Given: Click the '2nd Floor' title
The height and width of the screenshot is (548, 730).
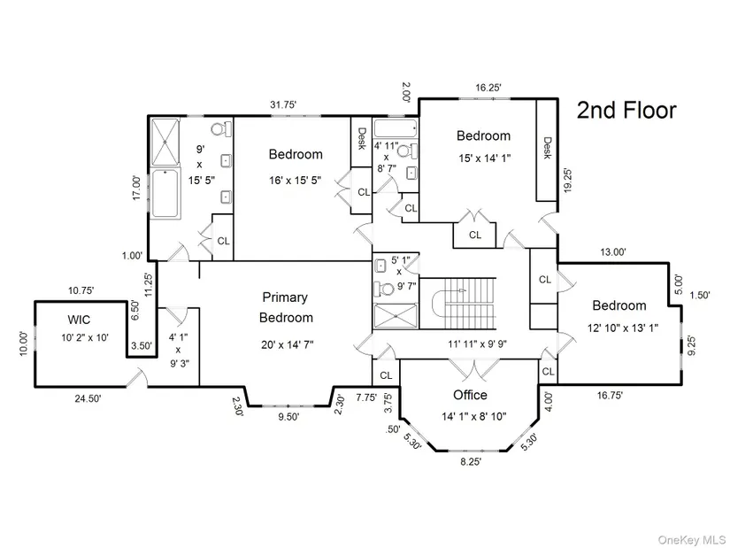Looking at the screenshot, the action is [626, 111].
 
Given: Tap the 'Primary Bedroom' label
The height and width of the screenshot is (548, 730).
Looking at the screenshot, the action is [286, 307].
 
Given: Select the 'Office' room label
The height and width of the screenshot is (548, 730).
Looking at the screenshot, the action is [470, 395].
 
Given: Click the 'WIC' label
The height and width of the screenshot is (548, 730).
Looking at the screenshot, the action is [79, 320].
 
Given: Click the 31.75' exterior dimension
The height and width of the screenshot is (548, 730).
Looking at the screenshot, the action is [283, 104].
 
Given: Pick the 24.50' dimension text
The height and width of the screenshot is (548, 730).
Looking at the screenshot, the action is [88, 398].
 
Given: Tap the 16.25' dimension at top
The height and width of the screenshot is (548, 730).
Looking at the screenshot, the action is [488, 88].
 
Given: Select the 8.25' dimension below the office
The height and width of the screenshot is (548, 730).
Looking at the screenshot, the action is [471, 461].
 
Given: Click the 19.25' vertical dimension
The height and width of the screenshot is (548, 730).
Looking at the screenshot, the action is [567, 180].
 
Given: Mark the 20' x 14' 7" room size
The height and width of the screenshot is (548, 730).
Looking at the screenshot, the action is [288, 345].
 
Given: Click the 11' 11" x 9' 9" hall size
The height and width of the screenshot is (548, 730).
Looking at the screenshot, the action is [477, 343].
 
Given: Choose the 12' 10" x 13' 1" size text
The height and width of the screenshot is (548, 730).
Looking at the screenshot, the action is [622, 328].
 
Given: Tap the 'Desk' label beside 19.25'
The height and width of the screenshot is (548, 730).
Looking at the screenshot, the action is [547, 148].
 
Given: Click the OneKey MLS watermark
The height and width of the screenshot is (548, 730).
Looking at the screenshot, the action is [691, 540].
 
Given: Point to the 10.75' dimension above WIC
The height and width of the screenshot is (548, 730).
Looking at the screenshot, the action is [81, 290].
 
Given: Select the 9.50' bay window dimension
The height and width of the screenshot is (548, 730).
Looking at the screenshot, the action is [288, 417].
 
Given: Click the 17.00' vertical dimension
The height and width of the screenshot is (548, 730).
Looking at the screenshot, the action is [136, 188].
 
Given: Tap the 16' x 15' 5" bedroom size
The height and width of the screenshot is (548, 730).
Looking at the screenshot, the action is [296, 181].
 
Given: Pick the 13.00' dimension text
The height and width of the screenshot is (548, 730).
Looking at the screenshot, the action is [613, 252].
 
